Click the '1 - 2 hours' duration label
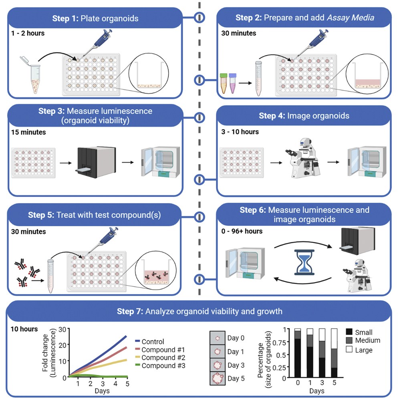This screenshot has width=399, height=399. pyautogui.click(x=28, y=33)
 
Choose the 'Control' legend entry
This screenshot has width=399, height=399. pyautogui.click(x=153, y=342)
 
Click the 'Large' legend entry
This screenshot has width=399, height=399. pyautogui.click(x=363, y=350)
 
